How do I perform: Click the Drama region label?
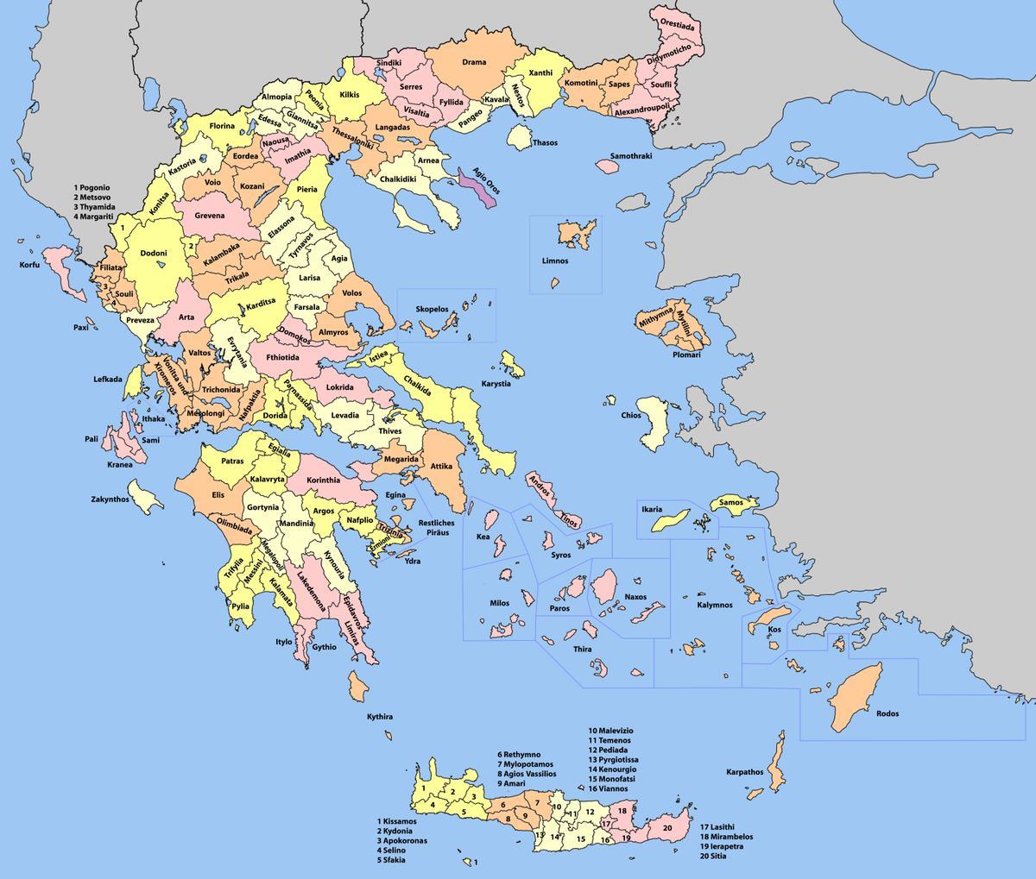pyautogui.click(x=473, y=62)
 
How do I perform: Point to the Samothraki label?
pyautogui.click(x=630, y=156)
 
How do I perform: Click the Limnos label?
pyautogui.click(x=555, y=261)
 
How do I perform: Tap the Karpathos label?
pyautogui.click(x=743, y=772)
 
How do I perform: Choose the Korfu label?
pyautogui.click(x=29, y=265)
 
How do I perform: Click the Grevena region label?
pyautogui.click(x=209, y=216)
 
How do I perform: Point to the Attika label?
pyautogui.click(x=441, y=467)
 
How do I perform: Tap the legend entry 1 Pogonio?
pyautogui.click(x=98, y=187)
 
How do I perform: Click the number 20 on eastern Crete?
pyautogui.click(x=666, y=828)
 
